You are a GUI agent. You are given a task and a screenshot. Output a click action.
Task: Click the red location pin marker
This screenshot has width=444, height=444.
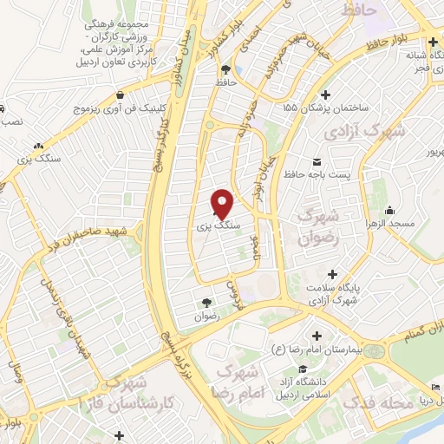223,204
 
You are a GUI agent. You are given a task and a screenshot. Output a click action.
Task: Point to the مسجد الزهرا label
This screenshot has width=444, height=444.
415,224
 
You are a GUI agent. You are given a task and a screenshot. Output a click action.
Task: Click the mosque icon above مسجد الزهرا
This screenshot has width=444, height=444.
390,209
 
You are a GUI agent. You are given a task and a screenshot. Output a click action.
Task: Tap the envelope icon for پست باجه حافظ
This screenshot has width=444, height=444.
315,161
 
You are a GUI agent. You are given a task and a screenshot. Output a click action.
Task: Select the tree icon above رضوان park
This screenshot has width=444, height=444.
206,303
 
